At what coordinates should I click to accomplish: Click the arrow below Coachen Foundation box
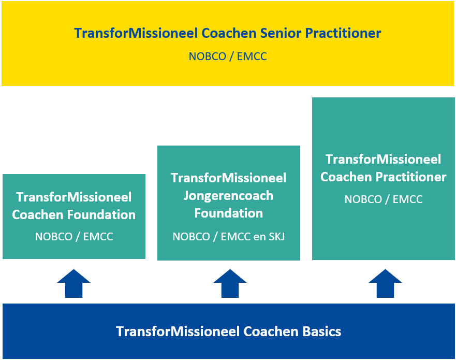click(74, 283)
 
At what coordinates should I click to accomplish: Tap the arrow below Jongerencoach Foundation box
click(230, 283)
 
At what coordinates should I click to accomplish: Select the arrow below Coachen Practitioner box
click(385, 283)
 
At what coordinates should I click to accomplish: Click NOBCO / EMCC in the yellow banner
click(228, 56)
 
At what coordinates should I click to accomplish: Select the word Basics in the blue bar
click(322, 332)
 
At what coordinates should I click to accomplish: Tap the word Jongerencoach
click(228, 196)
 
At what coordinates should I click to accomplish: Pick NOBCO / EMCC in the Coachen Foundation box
click(74, 237)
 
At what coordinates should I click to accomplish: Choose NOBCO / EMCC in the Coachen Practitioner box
click(384, 199)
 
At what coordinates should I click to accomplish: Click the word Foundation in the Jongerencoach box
click(229, 213)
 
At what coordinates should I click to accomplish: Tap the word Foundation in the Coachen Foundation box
click(101, 215)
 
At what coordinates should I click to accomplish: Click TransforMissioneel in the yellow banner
click(136, 33)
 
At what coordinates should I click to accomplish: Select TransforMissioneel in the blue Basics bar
click(178, 332)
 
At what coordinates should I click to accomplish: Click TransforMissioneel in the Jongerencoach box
click(229, 178)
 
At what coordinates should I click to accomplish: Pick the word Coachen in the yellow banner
click(229, 33)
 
